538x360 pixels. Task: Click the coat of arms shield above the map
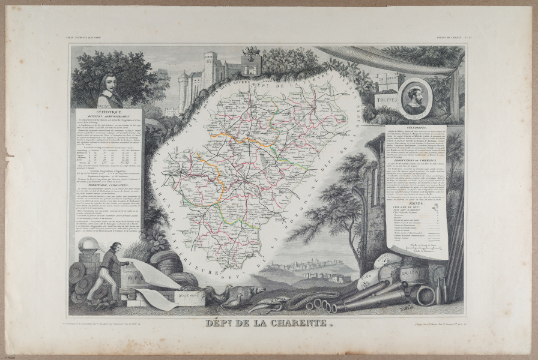click(x=251, y=62)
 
